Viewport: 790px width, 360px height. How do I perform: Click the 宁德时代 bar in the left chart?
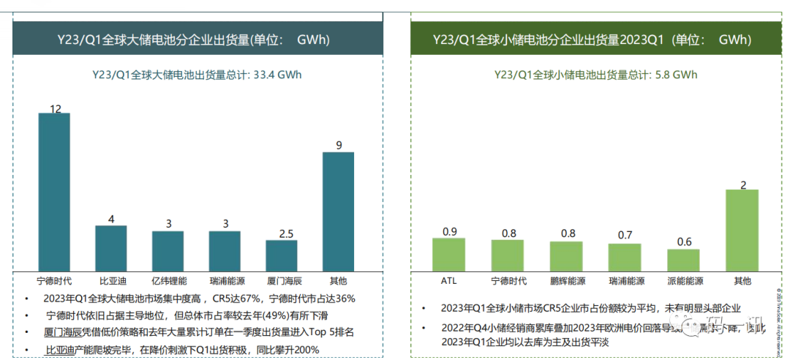click(54, 192)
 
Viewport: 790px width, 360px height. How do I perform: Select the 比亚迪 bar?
click(110, 249)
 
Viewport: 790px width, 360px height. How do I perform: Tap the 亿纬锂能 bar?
click(168, 252)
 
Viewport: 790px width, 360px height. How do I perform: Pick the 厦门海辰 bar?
click(282, 255)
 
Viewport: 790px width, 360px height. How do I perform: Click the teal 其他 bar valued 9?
click(338, 211)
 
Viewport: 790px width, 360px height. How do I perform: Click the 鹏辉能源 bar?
click(567, 256)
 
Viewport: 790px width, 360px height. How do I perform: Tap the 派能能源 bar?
click(683, 260)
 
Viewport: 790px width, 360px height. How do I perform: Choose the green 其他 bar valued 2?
click(742, 230)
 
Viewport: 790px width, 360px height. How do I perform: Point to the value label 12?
click(55, 109)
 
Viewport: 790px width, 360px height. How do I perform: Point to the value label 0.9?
click(450, 232)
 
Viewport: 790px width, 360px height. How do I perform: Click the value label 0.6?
click(684, 242)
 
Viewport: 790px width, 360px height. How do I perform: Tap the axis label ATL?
click(449, 281)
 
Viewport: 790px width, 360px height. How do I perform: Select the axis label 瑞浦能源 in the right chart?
click(625, 281)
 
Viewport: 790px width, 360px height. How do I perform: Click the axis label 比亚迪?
click(111, 281)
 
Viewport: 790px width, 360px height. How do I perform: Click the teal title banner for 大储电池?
click(197, 39)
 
